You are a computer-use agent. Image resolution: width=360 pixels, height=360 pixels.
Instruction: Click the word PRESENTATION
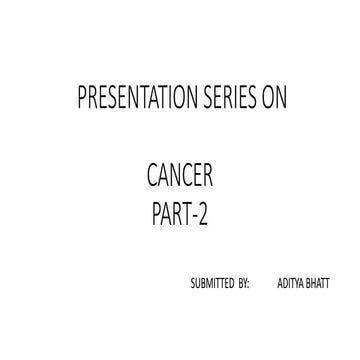tap(131, 99)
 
